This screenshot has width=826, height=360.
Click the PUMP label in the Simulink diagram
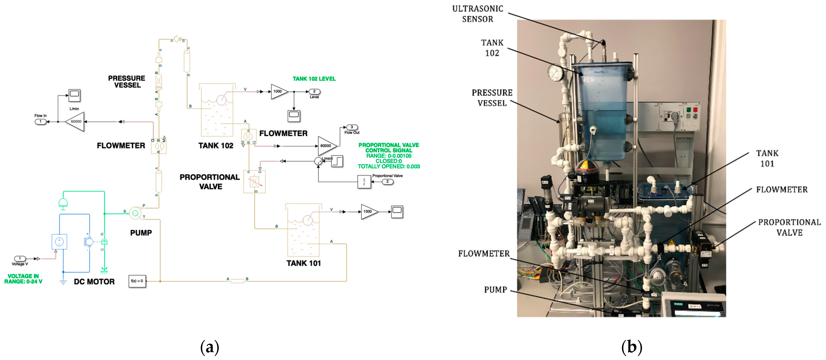[141, 233]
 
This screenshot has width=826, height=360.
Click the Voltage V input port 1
[20, 258]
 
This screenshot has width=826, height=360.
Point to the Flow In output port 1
[40, 122]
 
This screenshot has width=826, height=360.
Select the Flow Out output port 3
[351, 127]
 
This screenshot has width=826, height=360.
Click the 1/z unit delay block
[364, 182]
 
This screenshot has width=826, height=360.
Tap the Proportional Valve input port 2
[387, 182]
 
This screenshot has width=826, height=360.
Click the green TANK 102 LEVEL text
[314, 79]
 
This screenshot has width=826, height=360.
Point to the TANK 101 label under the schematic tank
[303, 263]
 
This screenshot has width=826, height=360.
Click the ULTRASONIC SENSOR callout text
[477, 14]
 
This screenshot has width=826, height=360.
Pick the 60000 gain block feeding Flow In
[76, 122]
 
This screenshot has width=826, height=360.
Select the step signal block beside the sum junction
[337, 161]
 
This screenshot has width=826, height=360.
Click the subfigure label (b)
[631, 347]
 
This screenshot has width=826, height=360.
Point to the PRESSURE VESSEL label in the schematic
[127, 82]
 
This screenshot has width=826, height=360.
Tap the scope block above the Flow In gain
[74, 95]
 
